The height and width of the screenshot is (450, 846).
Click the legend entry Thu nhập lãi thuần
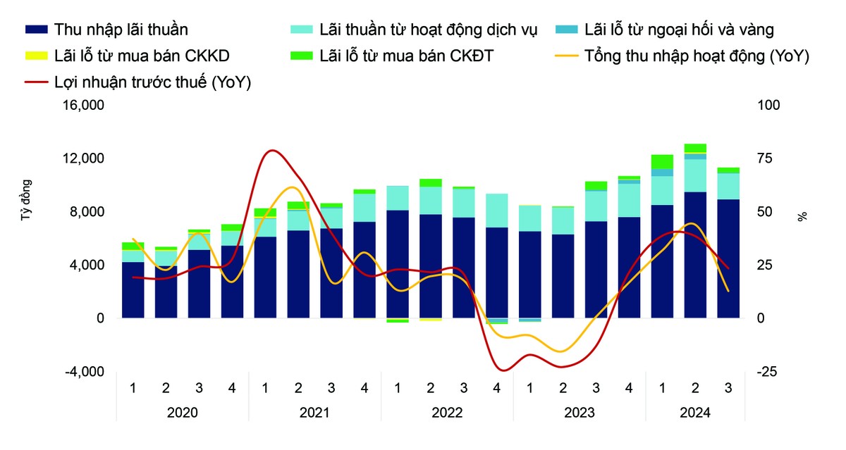[121, 30]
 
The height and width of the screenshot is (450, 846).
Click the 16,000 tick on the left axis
[85, 106]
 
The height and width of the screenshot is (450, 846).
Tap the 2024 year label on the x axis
[695, 413]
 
